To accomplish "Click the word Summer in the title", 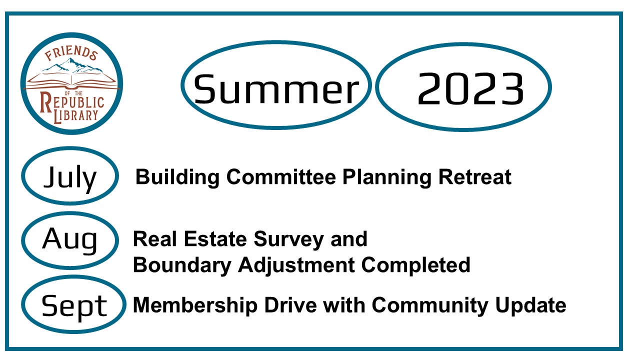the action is pos(276,89).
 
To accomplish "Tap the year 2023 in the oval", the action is pos(470,88).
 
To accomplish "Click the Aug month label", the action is pos(69,240).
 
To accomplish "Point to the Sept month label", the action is pos(74,306).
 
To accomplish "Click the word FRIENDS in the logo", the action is pos(71,53).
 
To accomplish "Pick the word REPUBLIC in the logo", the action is pos(72,102).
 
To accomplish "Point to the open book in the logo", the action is pos(71,81).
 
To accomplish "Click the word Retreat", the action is pos(475,177).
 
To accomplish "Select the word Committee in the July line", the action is pos(281,177).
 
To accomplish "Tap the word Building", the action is pos(177,177).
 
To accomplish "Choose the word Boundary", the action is pos(182,265).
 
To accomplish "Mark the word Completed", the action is pos(415,265).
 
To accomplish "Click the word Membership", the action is pos(195,305).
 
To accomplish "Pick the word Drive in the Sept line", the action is pos(290,305).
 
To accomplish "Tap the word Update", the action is pos(530,305).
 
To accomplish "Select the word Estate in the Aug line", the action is pos(215,239).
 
